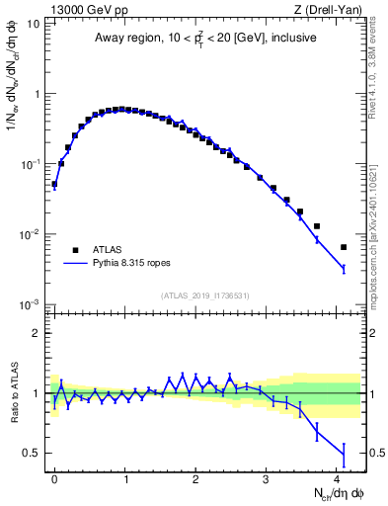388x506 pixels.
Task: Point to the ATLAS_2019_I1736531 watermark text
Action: click(x=204, y=295)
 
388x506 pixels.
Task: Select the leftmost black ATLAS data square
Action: click(x=54, y=184)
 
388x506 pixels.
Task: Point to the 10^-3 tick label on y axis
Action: click(x=31, y=304)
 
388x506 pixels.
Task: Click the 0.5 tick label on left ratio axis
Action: click(x=31, y=454)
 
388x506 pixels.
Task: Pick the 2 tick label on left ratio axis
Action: click(x=36, y=333)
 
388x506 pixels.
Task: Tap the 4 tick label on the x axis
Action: click(x=337, y=477)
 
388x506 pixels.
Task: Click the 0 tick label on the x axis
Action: click(x=54, y=477)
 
